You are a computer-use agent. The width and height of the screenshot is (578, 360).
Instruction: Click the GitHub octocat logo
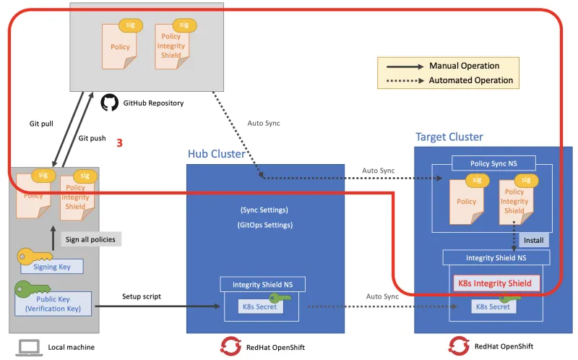(109, 103)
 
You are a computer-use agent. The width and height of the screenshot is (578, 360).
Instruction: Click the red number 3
(119, 143)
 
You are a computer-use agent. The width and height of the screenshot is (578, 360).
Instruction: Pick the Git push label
(92, 137)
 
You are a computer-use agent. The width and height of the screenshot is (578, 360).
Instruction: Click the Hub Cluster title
(216, 154)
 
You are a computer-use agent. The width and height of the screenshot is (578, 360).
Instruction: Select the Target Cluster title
(449, 137)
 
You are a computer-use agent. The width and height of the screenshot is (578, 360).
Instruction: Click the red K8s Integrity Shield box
(495, 283)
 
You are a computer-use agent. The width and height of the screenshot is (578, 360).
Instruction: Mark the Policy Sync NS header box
(494, 163)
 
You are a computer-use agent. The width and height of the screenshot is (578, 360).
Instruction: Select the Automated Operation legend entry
(470, 80)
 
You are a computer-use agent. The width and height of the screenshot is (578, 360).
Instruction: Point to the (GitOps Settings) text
(264, 226)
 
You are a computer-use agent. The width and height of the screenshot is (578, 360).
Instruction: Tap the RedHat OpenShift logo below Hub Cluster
(230, 346)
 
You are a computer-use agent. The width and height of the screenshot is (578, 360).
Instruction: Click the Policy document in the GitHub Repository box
(120, 47)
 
